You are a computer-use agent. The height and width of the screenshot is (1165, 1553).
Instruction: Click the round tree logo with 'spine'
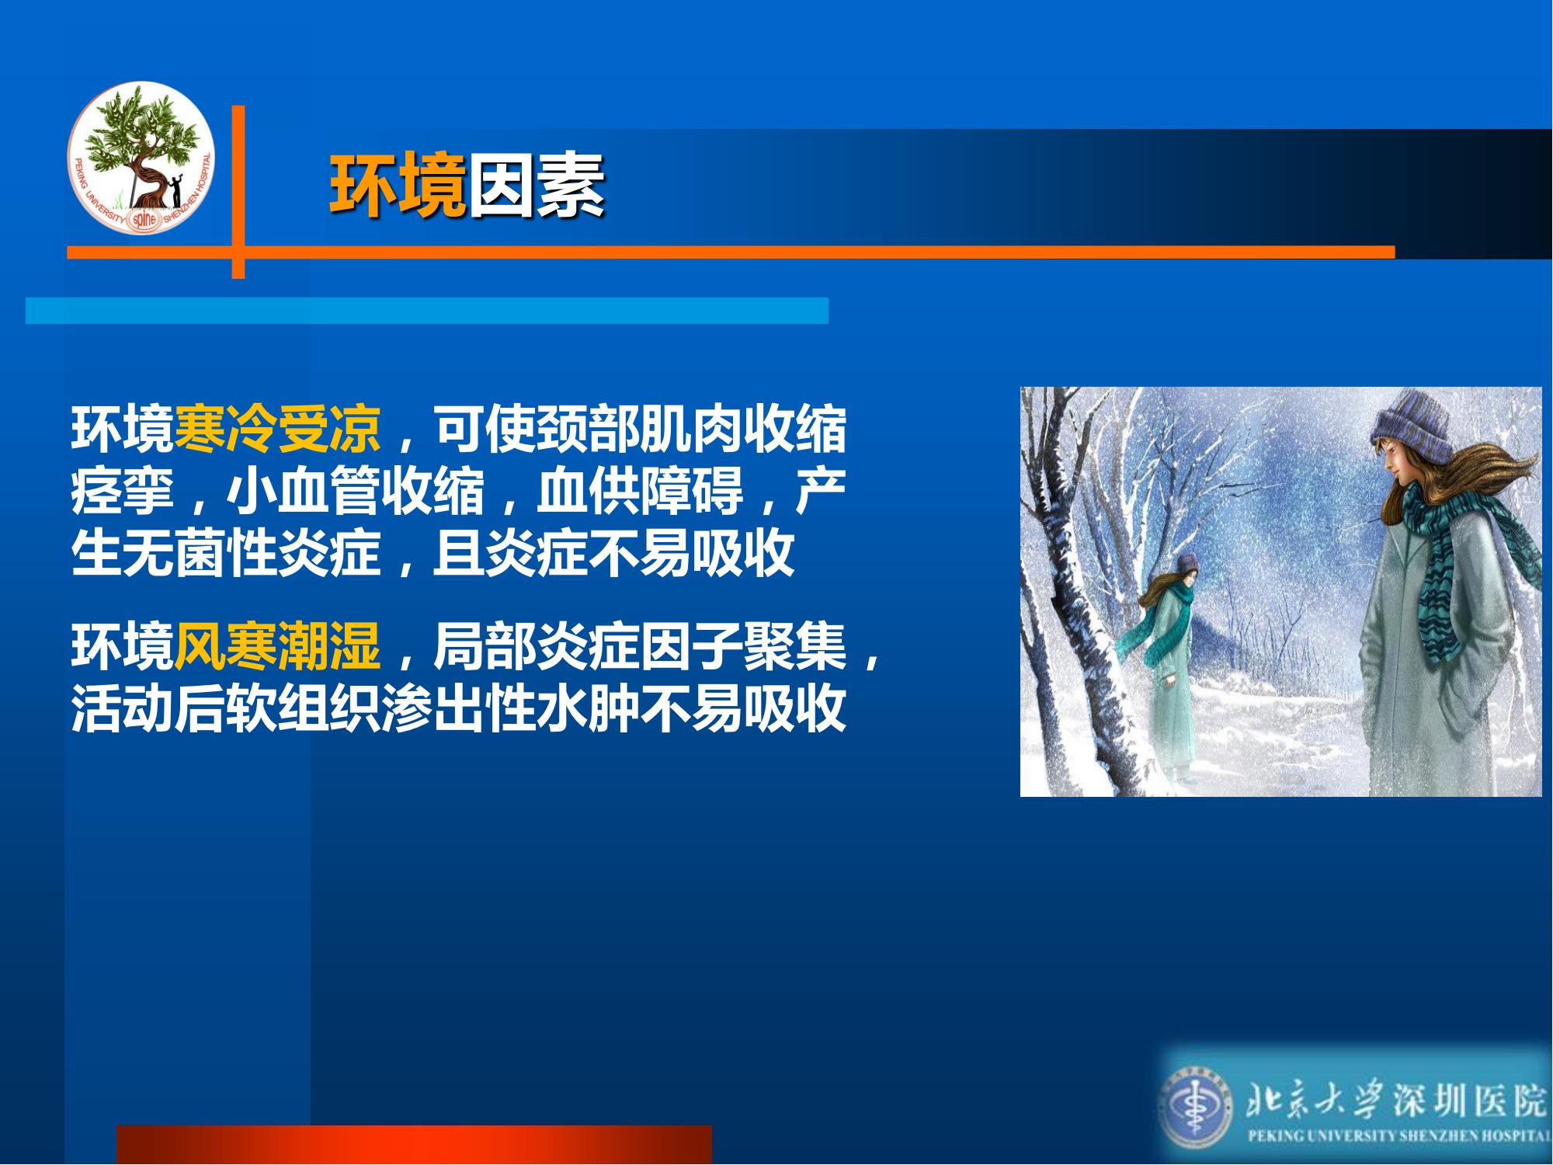click(x=141, y=158)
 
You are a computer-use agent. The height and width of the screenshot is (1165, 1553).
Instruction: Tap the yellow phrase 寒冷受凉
click(x=278, y=428)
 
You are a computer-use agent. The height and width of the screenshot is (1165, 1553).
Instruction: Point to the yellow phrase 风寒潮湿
click(x=278, y=645)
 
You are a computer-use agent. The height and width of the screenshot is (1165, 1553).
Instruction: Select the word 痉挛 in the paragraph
click(x=123, y=491)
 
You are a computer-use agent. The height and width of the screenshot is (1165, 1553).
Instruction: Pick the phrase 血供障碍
click(x=640, y=491)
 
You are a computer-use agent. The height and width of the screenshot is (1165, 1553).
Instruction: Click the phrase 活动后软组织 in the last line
click(x=227, y=708)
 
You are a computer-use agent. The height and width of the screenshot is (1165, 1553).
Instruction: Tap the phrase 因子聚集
click(x=744, y=645)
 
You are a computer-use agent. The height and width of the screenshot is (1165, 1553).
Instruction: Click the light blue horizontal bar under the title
click(x=427, y=311)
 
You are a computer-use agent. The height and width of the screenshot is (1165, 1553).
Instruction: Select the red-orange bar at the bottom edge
click(x=414, y=1144)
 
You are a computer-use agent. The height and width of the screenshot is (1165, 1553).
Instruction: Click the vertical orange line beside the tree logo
click(x=238, y=192)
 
